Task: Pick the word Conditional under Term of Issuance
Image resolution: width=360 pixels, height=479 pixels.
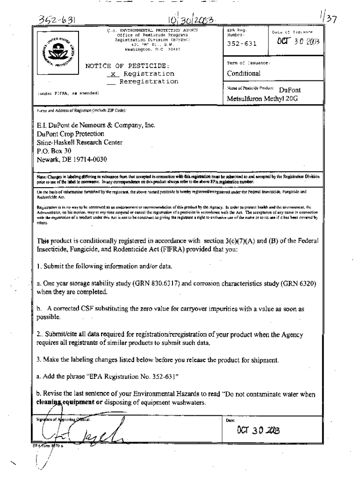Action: (x=244, y=73)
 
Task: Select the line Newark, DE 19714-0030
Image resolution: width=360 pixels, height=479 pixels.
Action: (x=72, y=160)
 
